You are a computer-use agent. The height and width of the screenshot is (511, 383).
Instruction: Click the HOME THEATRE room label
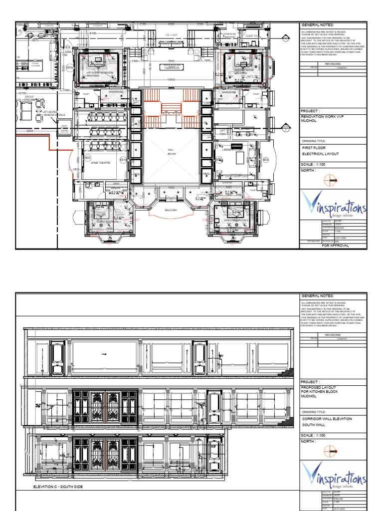pyautogui.click(x=101, y=162)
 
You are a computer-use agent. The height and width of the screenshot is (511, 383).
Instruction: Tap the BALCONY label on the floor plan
pyautogui.click(x=171, y=211)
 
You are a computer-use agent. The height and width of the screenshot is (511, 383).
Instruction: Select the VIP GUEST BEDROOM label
pyautogui.click(x=100, y=73)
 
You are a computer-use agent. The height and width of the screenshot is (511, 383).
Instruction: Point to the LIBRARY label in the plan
pyautogui.click(x=233, y=149)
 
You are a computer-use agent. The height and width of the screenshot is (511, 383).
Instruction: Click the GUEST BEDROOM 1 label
pyautogui.click(x=109, y=221)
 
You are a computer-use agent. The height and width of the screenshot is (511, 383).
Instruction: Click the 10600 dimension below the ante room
pyautogui.click(x=171, y=80)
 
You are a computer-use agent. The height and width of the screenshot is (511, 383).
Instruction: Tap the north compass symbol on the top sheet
pyautogui.click(x=331, y=180)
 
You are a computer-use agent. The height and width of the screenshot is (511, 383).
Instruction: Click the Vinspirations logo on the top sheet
pyautogui.click(x=333, y=206)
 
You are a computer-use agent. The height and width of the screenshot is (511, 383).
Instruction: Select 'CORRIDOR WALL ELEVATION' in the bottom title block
pyautogui.click(x=327, y=418)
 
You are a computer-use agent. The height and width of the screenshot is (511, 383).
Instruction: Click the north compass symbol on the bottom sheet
pyautogui.click(x=331, y=451)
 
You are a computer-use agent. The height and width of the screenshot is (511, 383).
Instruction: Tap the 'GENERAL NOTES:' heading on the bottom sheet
pyautogui.click(x=317, y=296)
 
